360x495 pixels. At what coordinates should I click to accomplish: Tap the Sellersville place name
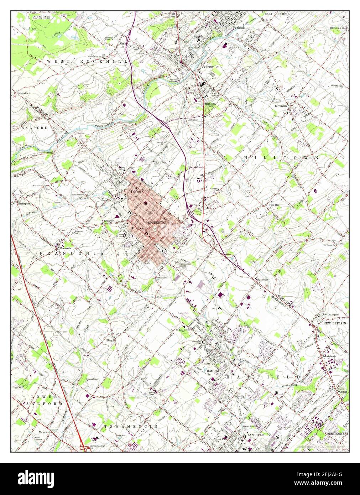(210, 67)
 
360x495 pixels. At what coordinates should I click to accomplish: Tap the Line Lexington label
(329, 314)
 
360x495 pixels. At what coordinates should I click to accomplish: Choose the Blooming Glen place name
(338, 28)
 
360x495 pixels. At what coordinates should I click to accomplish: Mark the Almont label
(124, 43)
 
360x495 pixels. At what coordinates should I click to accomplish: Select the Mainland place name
(44, 432)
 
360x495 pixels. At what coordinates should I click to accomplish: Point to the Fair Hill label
(276, 205)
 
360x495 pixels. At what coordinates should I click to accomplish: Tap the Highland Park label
(210, 105)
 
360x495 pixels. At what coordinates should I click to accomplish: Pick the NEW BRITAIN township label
(334, 323)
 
